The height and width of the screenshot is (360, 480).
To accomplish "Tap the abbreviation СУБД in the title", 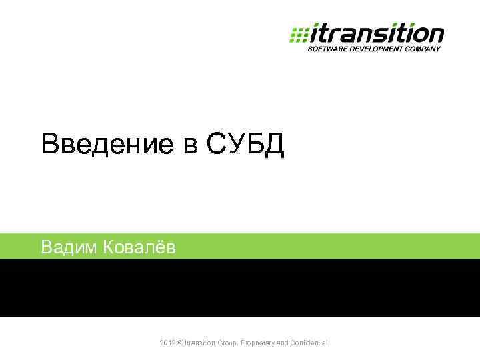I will point(246,144).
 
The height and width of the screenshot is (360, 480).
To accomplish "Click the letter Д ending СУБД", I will point(274,145).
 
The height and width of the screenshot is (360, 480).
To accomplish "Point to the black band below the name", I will point(240,287).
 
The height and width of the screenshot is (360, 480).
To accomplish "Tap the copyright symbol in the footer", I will point(181,343).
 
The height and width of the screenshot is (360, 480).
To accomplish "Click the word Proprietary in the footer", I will point(262,343).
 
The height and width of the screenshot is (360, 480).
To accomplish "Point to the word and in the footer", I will point(288,343).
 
